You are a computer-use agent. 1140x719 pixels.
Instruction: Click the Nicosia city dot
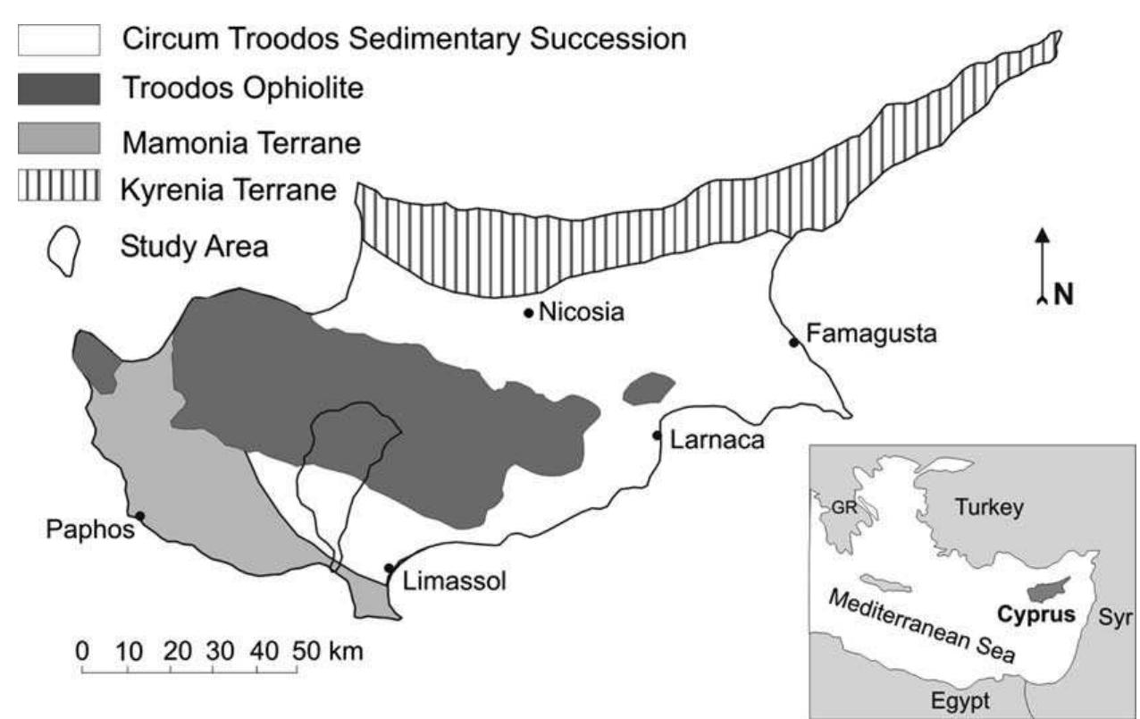tap(528, 313)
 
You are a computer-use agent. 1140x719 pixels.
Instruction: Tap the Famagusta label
tap(870, 335)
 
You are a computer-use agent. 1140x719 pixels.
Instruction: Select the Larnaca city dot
tap(657, 436)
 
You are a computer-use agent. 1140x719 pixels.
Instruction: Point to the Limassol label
tap(455, 582)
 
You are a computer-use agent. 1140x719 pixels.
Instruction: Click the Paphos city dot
tap(139, 515)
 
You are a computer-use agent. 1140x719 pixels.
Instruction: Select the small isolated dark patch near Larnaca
tap(648, 388)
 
